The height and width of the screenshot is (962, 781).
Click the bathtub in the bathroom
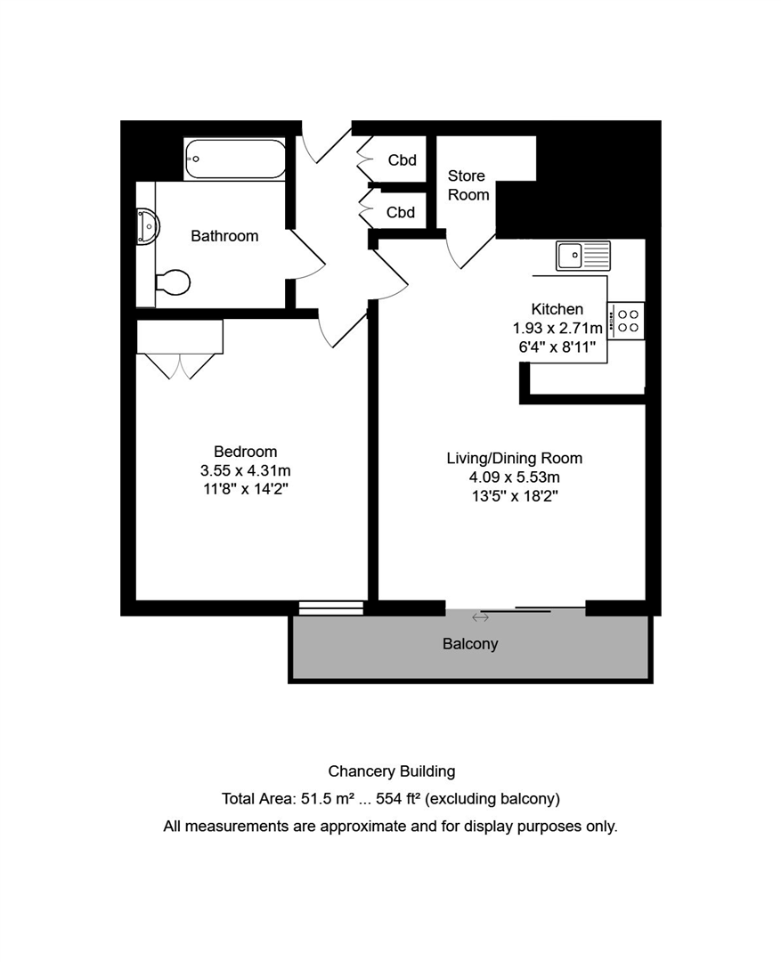235,159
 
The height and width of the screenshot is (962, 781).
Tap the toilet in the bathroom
173,282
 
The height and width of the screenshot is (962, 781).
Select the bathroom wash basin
148,226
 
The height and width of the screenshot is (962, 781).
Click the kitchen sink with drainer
582,256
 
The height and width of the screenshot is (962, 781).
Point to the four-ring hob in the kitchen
626,321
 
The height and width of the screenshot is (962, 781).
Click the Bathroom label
224,236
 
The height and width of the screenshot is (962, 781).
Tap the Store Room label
468,185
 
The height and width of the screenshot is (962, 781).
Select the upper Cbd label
403,160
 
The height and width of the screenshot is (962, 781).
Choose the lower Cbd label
401,212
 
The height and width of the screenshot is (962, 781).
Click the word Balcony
470,644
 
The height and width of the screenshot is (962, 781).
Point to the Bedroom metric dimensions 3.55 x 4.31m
246,470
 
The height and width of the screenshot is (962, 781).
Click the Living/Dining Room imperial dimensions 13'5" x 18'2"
515,496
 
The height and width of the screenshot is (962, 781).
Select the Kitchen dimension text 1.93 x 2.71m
557,328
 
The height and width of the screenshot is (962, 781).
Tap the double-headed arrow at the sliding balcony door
480,617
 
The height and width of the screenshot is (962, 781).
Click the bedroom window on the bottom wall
331,608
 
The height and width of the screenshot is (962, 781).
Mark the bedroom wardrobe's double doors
181,366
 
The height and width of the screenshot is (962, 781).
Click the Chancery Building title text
392,771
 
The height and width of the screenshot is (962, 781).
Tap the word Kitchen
557,309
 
